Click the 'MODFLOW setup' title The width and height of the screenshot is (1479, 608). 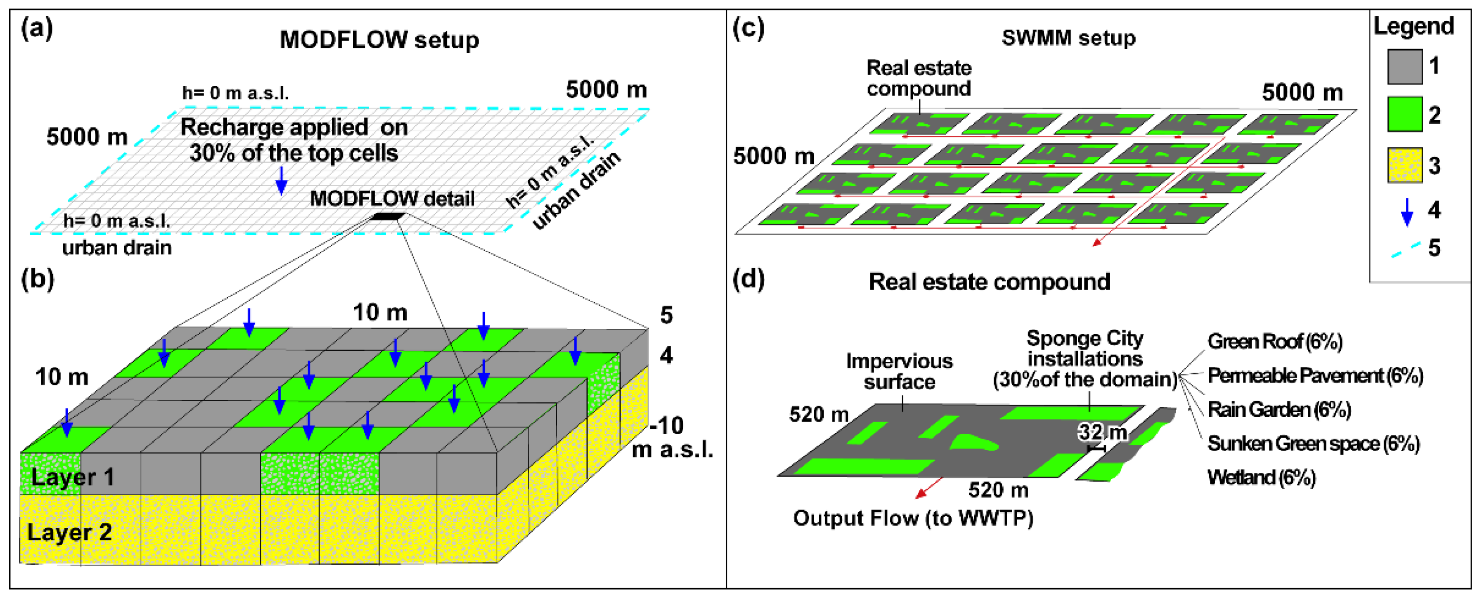379,40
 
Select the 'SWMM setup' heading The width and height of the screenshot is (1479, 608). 1068,38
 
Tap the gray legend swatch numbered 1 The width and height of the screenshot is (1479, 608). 1404,66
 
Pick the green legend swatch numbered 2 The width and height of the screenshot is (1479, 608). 1404,114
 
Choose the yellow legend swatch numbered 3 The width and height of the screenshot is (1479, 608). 1404,165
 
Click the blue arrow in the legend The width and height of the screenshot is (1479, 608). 1407,211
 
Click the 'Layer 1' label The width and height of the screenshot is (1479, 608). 72,477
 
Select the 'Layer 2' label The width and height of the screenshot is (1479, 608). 69,532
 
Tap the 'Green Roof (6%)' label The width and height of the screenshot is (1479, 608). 1275,341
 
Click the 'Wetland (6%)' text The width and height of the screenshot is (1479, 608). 1261,477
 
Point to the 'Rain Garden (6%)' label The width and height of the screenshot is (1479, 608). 1279,409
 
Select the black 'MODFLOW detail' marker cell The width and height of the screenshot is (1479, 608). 389,216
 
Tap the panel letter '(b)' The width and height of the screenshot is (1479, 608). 38,280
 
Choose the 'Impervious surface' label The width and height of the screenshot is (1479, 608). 899,371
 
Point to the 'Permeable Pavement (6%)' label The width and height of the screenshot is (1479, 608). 1315,375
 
